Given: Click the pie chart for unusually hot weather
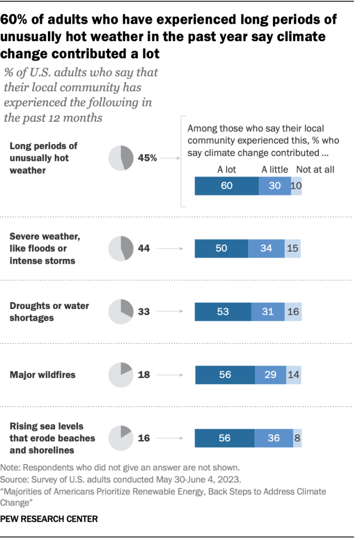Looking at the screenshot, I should point(121,158).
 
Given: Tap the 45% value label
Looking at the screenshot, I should point(147,158).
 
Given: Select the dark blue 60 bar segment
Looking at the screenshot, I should point(227,186).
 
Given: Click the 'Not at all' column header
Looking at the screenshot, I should point(315,169).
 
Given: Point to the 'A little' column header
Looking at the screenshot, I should point(275,169).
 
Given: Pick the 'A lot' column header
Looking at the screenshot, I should point(227,169).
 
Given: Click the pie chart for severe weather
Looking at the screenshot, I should point(121,248).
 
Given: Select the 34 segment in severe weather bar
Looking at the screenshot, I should point(266,248).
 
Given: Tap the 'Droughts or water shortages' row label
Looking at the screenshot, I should point(50,311).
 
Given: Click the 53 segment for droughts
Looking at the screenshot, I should point(223,312).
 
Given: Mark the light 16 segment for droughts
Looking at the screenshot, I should point(293,312).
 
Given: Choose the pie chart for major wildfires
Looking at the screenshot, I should point(121,375).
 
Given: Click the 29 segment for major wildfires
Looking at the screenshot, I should point(270,375).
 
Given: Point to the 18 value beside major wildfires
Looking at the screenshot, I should point(143,375).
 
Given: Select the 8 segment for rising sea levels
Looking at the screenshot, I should point(297,438).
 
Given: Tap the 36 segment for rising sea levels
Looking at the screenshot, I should point(274,438).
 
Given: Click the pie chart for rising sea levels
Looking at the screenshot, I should point(121,438).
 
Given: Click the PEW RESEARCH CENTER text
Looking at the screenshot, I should point(49,519).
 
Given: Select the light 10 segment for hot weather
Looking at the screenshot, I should point(296,186).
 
